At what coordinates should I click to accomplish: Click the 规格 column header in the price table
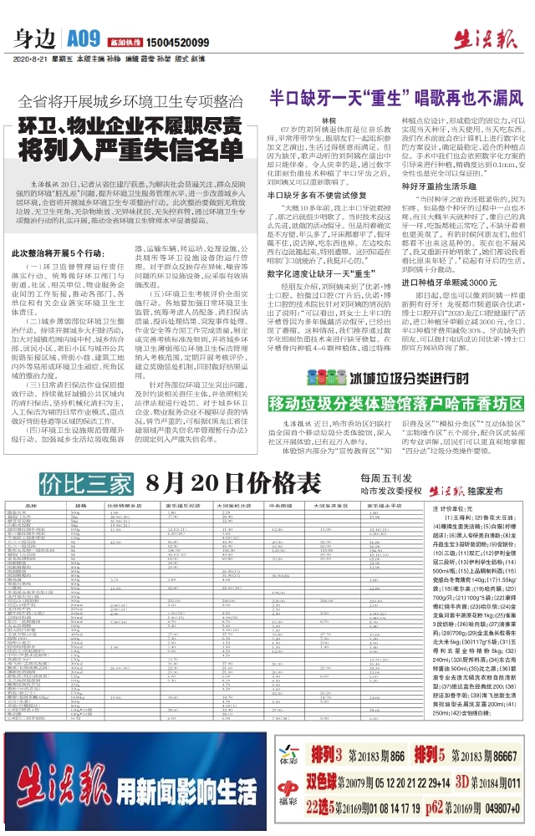click(82, 507)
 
